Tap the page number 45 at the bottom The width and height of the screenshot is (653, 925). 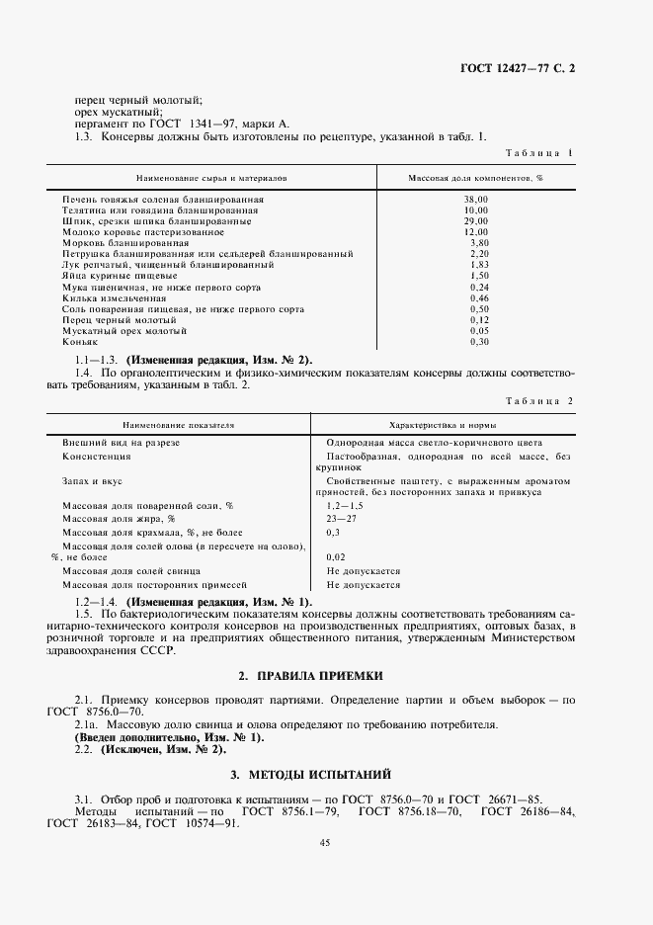click(x=325, y=842)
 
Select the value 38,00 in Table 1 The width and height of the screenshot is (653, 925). click(x=476, y=200)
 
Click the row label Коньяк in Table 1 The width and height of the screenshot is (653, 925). click(x=78, y=341)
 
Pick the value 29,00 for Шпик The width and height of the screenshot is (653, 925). click(x=476, y=221)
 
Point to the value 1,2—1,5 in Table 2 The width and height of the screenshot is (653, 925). click(x=345, y=504)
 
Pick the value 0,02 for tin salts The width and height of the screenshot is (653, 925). click(x=336, y=556)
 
